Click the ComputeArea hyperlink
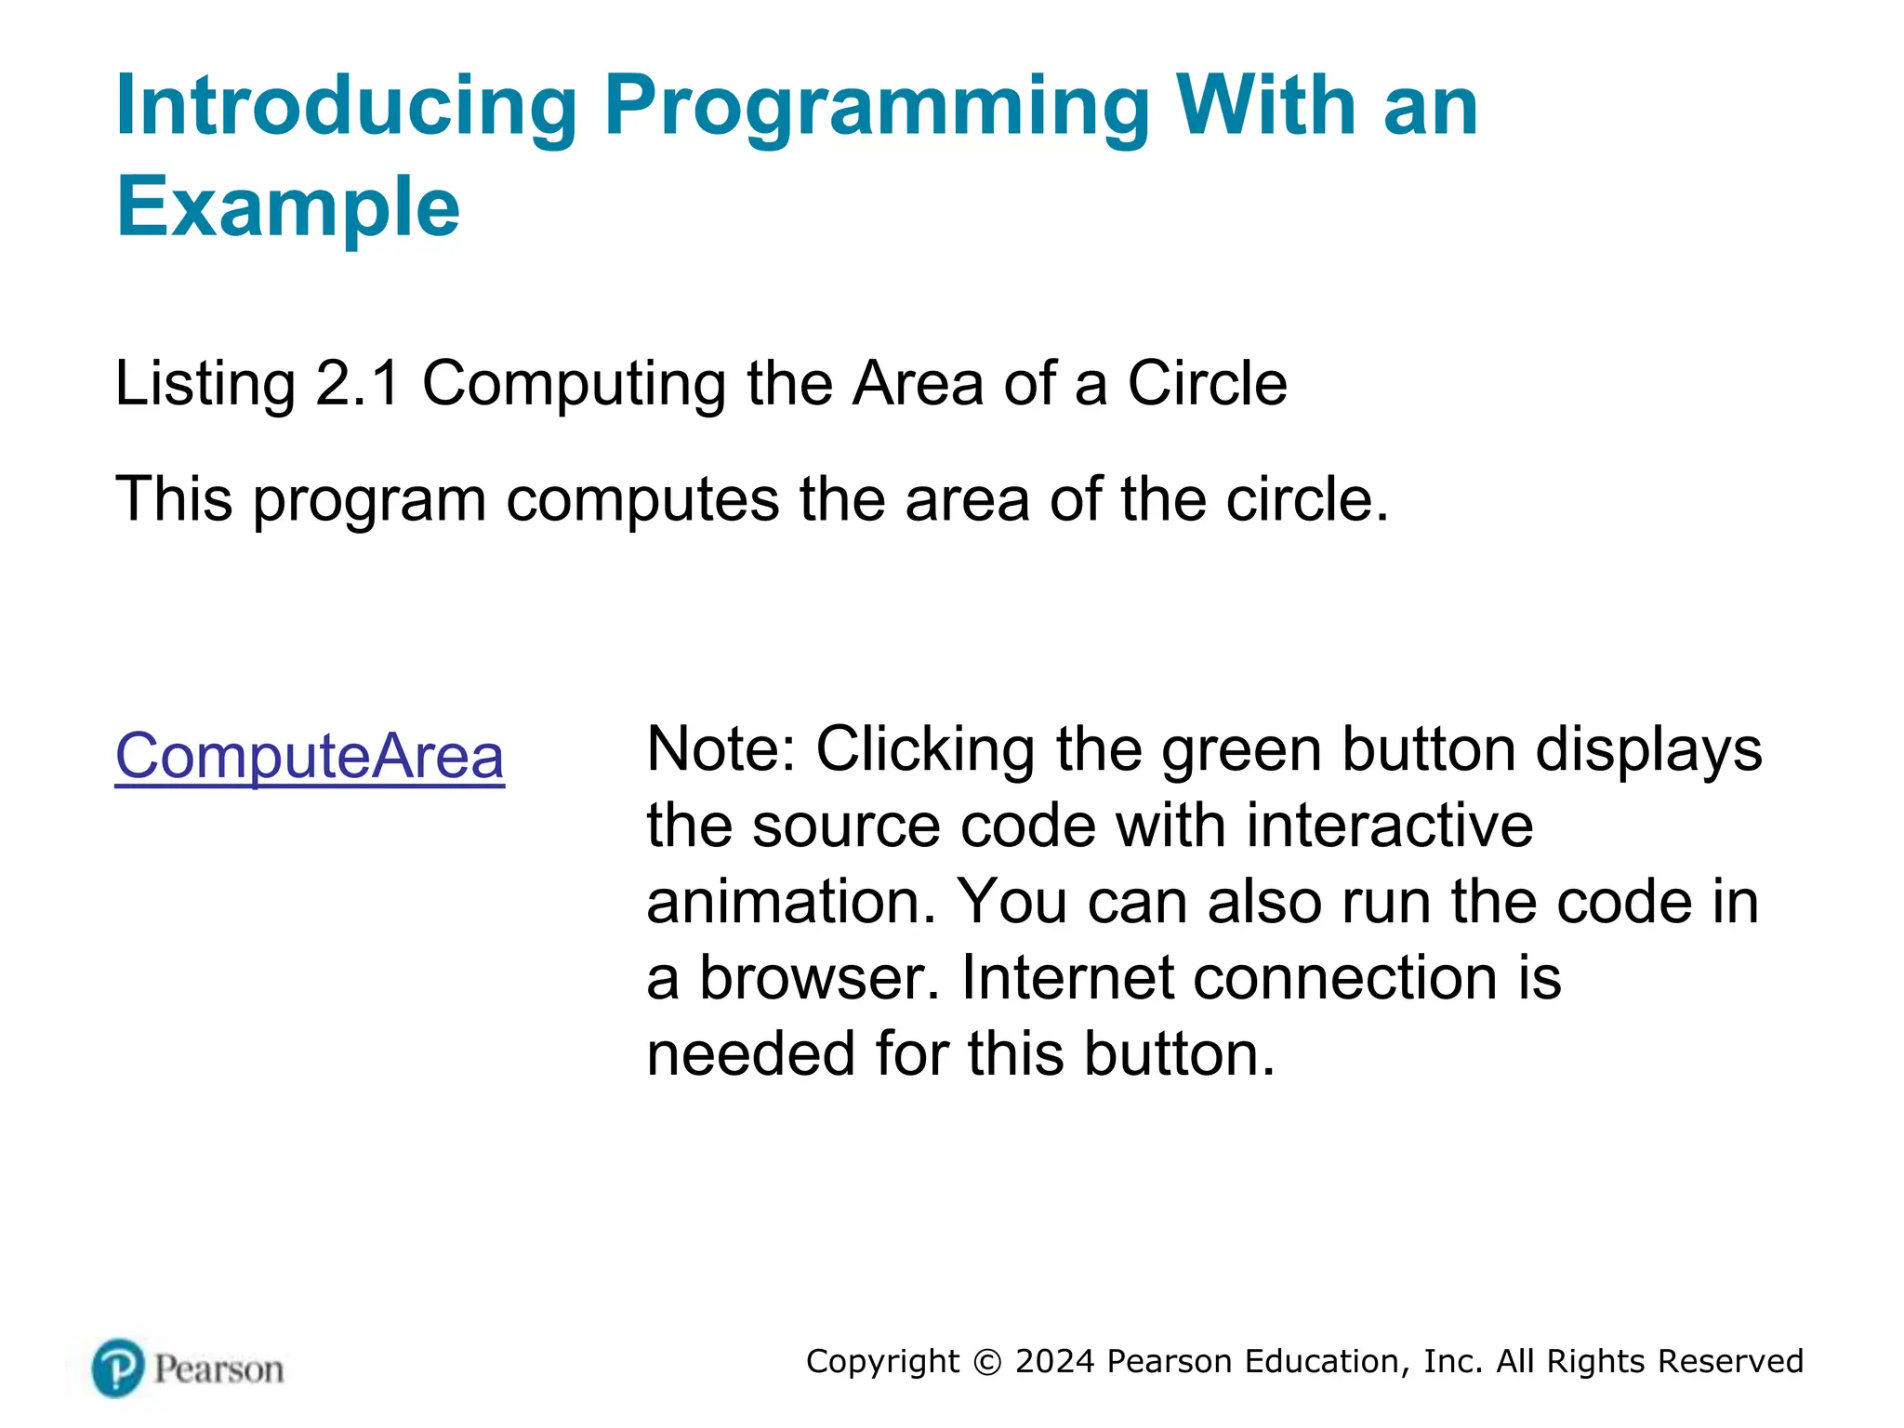[310, 756]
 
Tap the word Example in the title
[287, 207]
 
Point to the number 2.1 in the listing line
[358, 383]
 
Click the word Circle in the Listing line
[1207, 383]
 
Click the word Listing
[205, 385]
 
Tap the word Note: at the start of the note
[721, 749]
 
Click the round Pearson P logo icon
[118, 1368]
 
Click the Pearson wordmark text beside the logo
[218, 1369]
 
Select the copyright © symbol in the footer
[987, 1362]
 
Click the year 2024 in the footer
[1055, 1361]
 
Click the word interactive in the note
[1389, 826]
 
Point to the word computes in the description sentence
[642, 500]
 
